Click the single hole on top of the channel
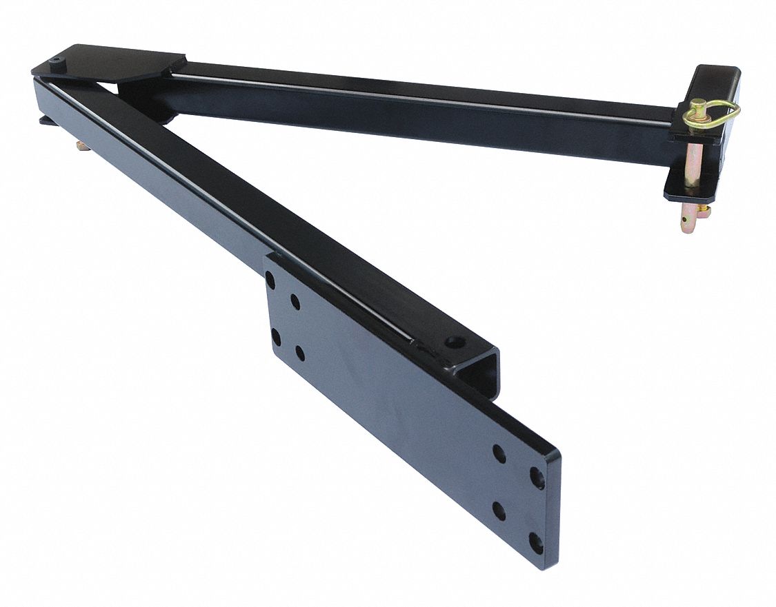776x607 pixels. click(x=455, y=341)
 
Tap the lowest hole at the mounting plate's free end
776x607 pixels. click(x=535, y=542)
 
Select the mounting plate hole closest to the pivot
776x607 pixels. click(x=270, y=280)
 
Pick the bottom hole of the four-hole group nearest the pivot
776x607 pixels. click(x=299, y=353)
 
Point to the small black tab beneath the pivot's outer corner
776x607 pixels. click(x=46, y=121)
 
